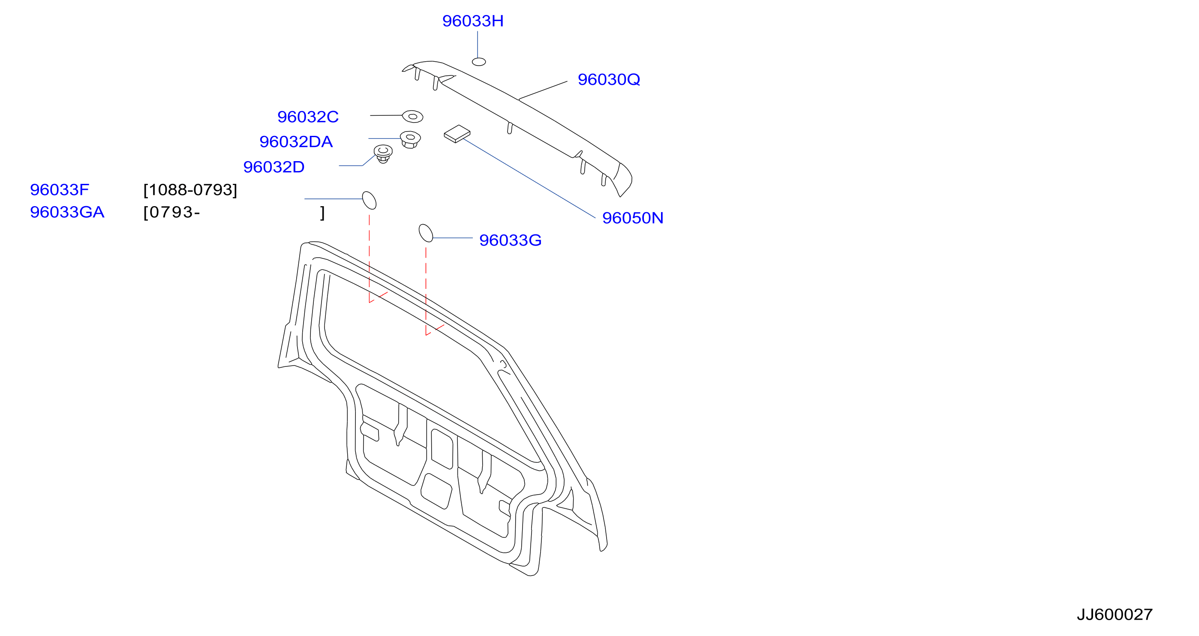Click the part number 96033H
(x=472, y=21)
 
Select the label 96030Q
(x=609, y=80)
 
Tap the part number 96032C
(x=308, y=117)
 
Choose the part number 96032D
(x=273, y=167)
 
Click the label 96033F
(x=59, y=190)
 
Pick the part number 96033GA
(x=67, y=212)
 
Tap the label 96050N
(x=633, y=218)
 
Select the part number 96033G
(x=510, y=240)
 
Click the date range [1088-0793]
(x=190, y=190)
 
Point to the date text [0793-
(x=172, y=213)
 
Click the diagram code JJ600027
(x=1114, y=615)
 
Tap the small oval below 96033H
(x=479, y=62)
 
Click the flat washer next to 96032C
(x=412, y=117)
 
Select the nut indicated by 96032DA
(x=410, y=139)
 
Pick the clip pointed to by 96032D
(x=383, y=153)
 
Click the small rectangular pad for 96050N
(x=457, y=134)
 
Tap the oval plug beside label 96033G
(x=426, y=233)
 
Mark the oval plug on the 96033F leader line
(x=369, y=201)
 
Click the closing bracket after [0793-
(x=322, y=213)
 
